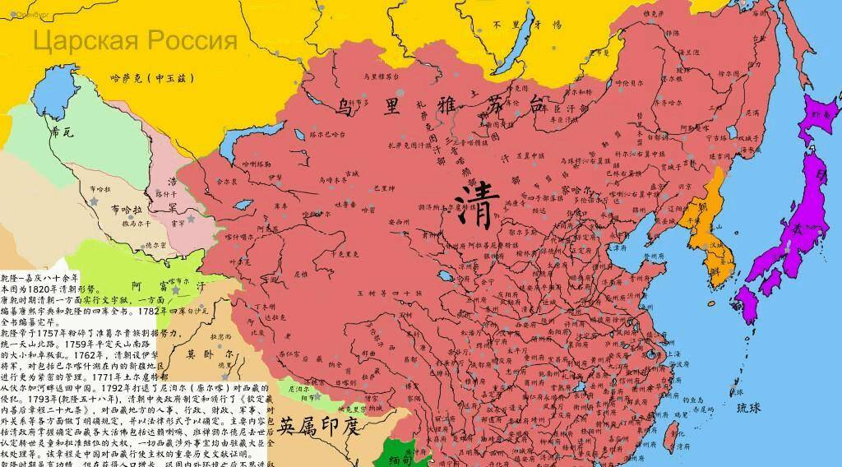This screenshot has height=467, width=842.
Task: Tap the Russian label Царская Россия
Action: [x=135, y=40]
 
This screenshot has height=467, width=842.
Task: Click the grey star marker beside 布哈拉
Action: [x=99, y=200]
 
